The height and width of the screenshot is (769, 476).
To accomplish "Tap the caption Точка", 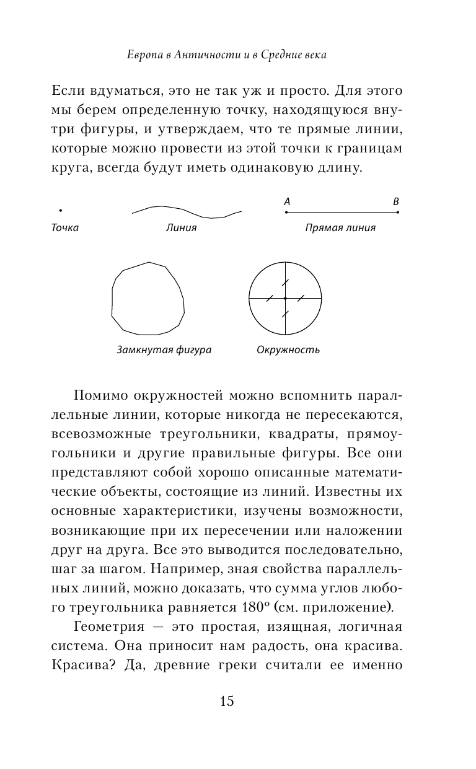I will pos(64,227).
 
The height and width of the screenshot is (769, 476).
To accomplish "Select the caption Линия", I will pos(181,227).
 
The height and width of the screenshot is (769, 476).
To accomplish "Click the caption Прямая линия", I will pos(340,227).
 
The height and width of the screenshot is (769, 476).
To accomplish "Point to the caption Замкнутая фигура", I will pos(164,349).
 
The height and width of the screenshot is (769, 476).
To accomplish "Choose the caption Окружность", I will pos(288,349).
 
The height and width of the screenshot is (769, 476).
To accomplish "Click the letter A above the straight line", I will pos(287,201).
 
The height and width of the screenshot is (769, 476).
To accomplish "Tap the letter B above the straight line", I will pos(396,201).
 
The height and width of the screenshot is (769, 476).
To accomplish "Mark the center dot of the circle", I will pos(285,298).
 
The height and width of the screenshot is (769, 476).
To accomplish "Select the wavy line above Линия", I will pos(186,211).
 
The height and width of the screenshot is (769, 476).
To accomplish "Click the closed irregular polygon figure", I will pos(148,298).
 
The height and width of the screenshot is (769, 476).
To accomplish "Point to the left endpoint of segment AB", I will pos(286,212).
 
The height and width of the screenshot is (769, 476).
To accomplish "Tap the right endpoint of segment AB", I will pos(397,212).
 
